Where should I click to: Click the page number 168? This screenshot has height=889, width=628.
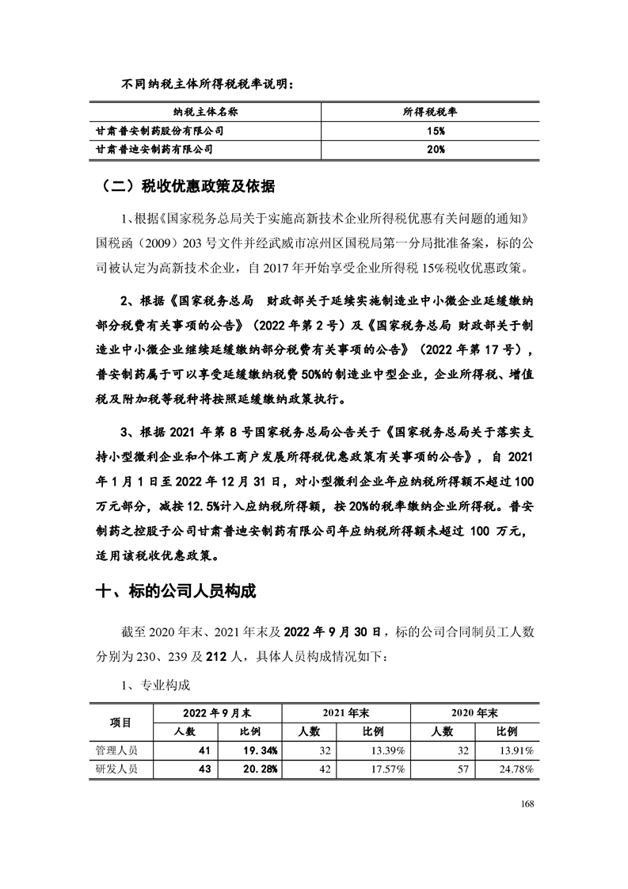[x=529, y=803]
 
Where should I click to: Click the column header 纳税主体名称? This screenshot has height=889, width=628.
[x=205, y=113]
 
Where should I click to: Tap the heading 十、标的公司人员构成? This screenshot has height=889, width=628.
[x=176, y=592]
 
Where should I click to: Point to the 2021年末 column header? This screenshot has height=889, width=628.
[x=345, y=713]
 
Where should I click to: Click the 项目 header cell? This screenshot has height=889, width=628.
[x=120, y=722]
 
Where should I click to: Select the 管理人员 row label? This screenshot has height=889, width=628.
[x=116, y=750]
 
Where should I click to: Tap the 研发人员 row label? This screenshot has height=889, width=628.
[x=116, y=769]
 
